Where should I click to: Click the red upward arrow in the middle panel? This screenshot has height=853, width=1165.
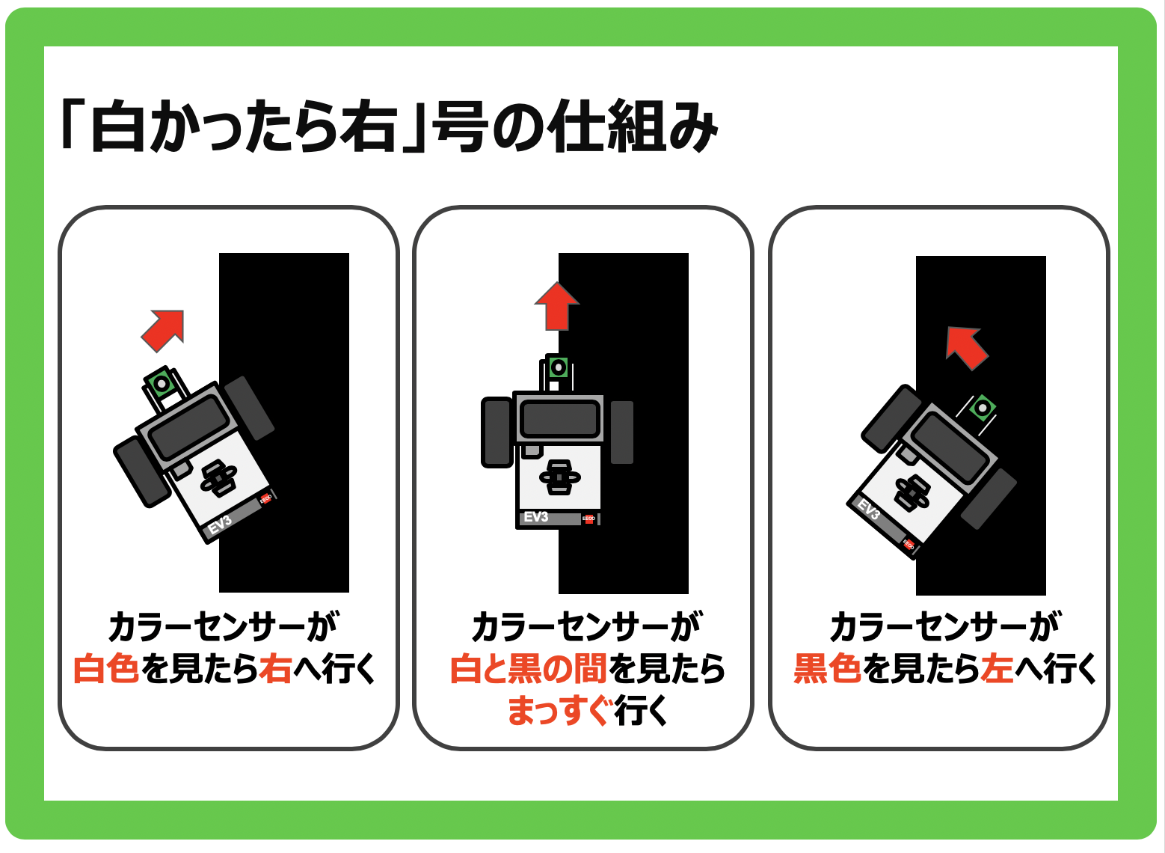pos(556,307)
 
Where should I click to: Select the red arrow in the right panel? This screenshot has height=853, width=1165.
pos(966,348)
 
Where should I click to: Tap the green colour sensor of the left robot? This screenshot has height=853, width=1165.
pos(162,384)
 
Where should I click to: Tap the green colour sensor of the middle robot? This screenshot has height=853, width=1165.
pos(559,367)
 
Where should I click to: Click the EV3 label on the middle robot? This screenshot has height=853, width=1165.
pos(535,517)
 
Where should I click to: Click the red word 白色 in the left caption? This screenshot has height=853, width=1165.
pos(106,669)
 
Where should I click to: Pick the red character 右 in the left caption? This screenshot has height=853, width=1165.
pos(275,669)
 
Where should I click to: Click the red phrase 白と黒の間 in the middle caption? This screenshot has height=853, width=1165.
pos(529,669)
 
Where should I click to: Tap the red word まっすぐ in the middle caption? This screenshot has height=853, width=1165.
pos(558,710)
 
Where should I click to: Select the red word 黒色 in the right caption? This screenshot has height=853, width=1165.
pos(828,669)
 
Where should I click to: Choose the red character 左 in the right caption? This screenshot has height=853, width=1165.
pos(997,669)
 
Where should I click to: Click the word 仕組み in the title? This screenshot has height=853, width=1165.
pos(634,126)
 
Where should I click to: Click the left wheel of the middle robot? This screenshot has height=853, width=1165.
pos(497,432)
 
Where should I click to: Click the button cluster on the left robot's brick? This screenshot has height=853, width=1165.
pos(219,478)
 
